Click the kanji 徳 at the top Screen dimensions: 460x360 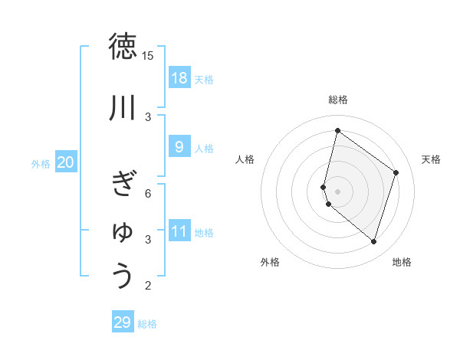pos(123,47)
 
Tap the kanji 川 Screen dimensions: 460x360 pos(123,108)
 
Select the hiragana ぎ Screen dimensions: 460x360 pos(123,183)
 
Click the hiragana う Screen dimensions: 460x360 pos(123,276)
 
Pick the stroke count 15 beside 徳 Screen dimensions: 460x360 pos(148,56)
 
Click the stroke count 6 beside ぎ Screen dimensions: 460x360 pos(148,193)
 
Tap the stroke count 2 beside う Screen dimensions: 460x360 pos(148,286)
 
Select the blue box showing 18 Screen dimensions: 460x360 pos(179,78)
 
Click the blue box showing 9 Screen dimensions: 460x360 pos(179,147)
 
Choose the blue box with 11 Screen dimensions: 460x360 pos(179,231)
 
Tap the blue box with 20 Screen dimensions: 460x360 pos(66,162)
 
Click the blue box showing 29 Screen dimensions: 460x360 pos(123,322)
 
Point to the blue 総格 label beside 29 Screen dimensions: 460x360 pos(147,324)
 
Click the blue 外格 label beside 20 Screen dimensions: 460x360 pos(41,163)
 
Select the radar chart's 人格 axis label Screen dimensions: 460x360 pos(245,159)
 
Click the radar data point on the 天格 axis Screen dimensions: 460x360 pos(396,172)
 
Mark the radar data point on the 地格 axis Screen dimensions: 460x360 pos(374,242)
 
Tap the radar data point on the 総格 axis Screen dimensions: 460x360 pos(337,130)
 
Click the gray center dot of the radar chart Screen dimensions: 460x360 pos(337,191)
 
